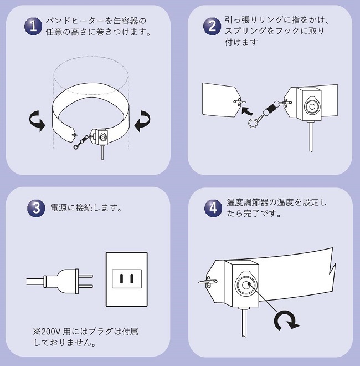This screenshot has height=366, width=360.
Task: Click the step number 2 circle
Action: click(x=212, y=26)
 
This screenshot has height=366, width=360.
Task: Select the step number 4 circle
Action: click(x=213, y=208)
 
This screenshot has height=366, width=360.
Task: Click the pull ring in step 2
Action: click(x=254, y=123)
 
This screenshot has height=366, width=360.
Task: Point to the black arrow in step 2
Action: click(x=245, y=109)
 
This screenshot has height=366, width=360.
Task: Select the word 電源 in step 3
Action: click(x=58, y=209)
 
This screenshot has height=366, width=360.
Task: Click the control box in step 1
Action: click(x=102, y=136)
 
